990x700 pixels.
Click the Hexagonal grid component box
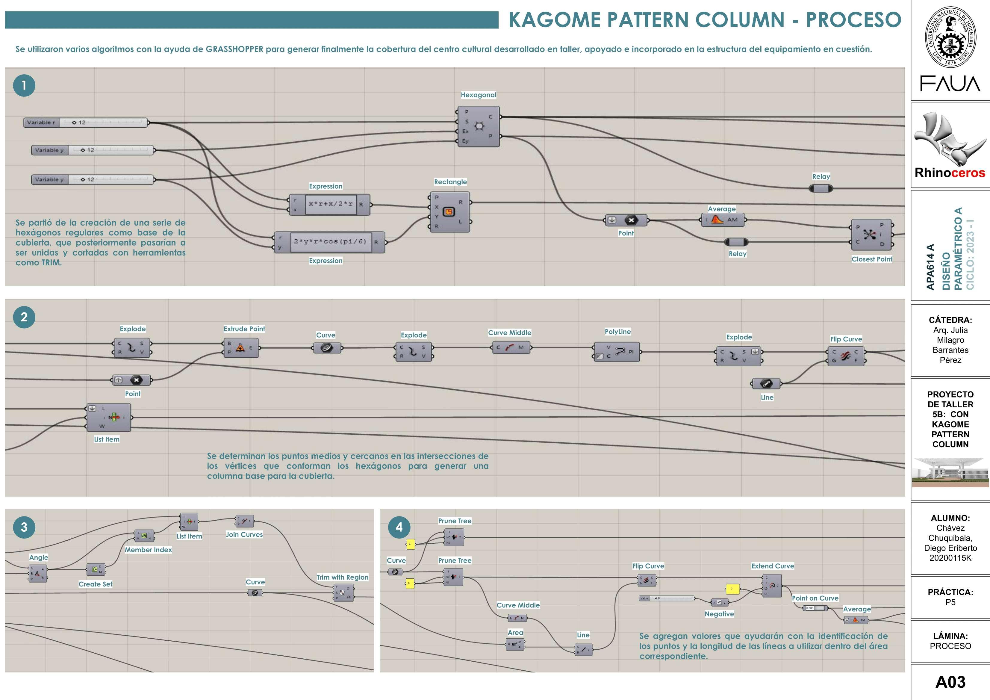[479, 126]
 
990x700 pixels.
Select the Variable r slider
[85, 123]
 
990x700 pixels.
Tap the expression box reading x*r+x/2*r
[330, 204]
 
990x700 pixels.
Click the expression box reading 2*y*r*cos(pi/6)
[330, 241]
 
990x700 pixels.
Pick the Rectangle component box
[450, 212]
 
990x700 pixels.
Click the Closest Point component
[871, 235]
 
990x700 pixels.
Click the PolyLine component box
[617, 352]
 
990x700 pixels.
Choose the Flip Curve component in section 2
[846, 356]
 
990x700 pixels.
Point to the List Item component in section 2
[109, 417]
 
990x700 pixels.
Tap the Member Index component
[144, 536]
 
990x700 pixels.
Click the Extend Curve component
[772, 586]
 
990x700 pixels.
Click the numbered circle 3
[24, 527]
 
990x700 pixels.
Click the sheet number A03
[950, 682]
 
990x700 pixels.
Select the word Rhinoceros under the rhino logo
[950, 173]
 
